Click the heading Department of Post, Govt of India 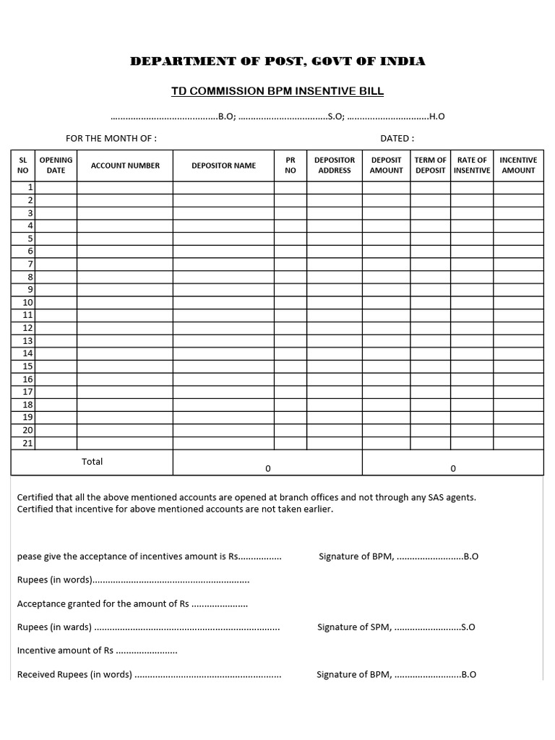[277, 61]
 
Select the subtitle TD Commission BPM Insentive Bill [277, 91]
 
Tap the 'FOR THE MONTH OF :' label [111, 138]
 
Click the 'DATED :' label [397, 138]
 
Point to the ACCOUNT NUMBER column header [125, 165]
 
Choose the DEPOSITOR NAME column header [223, 165]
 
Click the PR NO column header [291, 165]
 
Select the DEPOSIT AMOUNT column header [386, 165]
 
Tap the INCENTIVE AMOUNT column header [518, 165]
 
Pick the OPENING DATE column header [56, 165]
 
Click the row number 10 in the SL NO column [27, 303]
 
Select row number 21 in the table [27, 443]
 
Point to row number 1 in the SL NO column [30, 188]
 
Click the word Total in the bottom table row [92, 462]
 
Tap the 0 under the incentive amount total [453, 468]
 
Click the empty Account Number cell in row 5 [125, 238]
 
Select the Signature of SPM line [396, 627]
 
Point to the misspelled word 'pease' [28, 556]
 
